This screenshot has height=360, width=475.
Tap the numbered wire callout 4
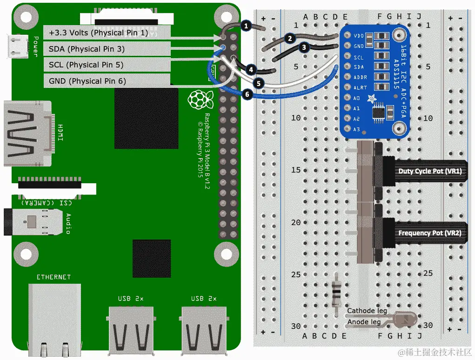click(x=251, y=70)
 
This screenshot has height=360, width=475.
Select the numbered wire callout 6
click(x=247, y=94)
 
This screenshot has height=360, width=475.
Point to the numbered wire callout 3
click(x=304, y=47)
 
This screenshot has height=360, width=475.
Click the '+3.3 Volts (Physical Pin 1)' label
click(x=98, y=33)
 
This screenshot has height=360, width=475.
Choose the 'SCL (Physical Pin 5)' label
click(x=86, y=65)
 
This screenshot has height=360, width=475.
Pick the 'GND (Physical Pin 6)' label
click(x=87, y=81)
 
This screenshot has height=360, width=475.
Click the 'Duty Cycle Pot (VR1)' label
click(x=429, y=171)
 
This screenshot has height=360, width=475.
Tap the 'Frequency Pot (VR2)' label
click(x=429, y=233)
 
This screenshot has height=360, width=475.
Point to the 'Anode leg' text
click(x=364, y=321)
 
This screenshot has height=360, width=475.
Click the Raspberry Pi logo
click(x=197, y=100)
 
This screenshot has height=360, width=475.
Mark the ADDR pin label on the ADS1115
click(x=360, y=77)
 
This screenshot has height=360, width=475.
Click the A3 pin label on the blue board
click(x=356, y=129)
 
